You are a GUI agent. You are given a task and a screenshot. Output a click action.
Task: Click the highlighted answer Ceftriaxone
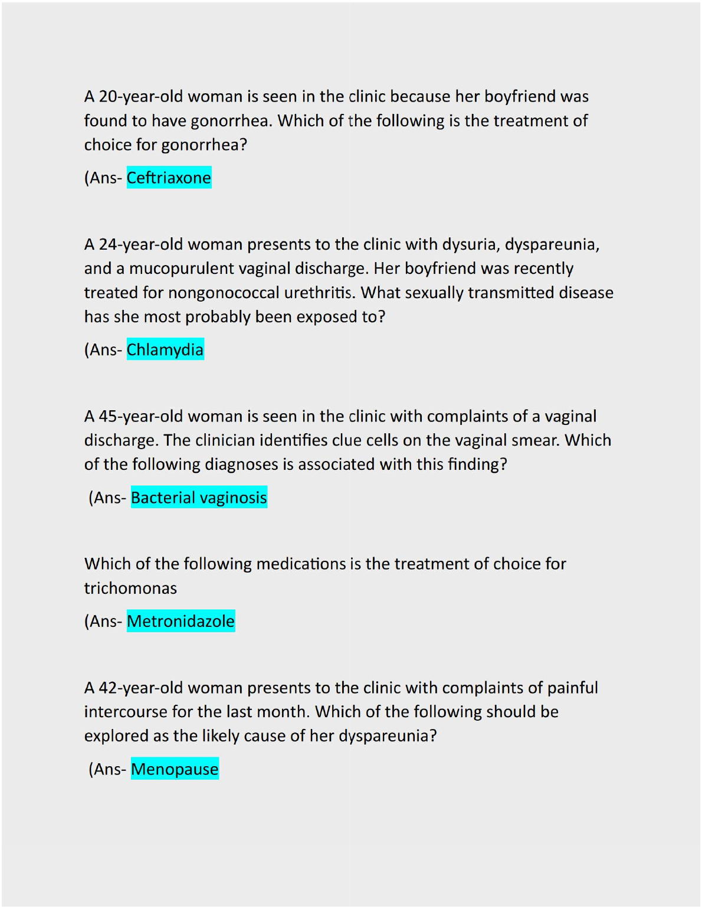pyautogui.click(x=169, y=178)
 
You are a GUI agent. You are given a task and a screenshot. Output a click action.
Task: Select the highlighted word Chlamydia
pyautogui.click(x=165, y=349)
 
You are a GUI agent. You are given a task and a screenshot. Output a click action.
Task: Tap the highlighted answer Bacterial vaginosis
pyautogui.click(x=199, y=498)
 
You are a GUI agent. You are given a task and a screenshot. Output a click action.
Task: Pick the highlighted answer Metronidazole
pyautogui.click(x=181, y=621)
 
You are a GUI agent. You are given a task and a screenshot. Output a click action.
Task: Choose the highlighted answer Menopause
pyautogui.click(x=175, y=769)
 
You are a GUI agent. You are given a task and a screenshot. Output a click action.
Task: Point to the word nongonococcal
pyautogui.click(x=224, y=293)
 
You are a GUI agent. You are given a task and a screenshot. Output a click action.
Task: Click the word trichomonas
pyautogui.click(x=130, y=588)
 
